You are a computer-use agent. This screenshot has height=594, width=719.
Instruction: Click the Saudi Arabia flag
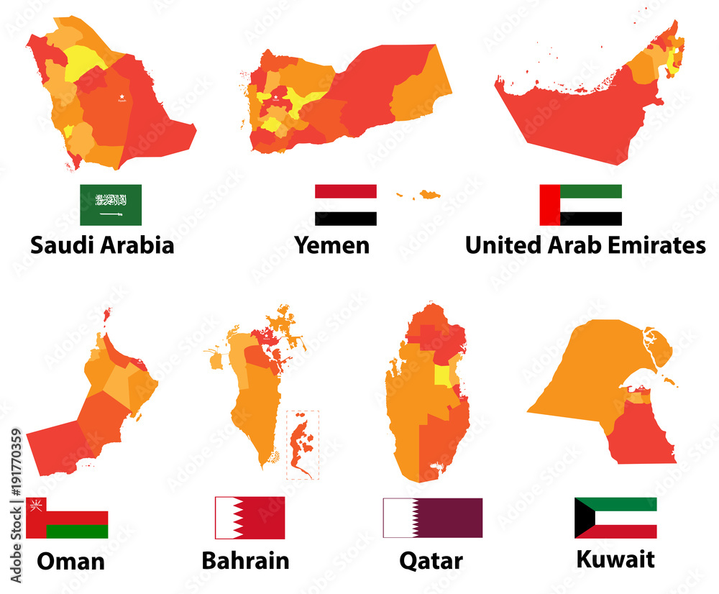coord(111,205)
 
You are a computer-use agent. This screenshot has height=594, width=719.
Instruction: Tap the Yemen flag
coord(345,205)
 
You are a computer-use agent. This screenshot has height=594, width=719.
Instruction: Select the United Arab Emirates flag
coord(580,205)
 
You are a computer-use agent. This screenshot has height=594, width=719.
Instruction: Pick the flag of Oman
coord(67,518)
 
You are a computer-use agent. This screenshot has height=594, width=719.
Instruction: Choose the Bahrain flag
coord(250,518)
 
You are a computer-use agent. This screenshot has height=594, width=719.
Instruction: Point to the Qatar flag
coord(433,518)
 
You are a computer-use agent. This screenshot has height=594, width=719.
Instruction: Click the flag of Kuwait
coord(615,518)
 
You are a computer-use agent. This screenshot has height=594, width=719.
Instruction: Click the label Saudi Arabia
coord(102,245)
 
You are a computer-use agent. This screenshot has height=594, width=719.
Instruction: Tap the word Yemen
coord(331,245)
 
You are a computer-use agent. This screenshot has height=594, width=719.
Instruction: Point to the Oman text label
coord(70,561)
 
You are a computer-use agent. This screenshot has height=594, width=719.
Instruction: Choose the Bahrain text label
coord(245,560)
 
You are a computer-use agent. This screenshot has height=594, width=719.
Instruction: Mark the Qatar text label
coord(431,561)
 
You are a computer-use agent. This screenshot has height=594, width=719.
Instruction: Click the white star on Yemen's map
coord(275,95)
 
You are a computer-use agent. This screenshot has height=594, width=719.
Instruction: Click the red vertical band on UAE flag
coord(550,205)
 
